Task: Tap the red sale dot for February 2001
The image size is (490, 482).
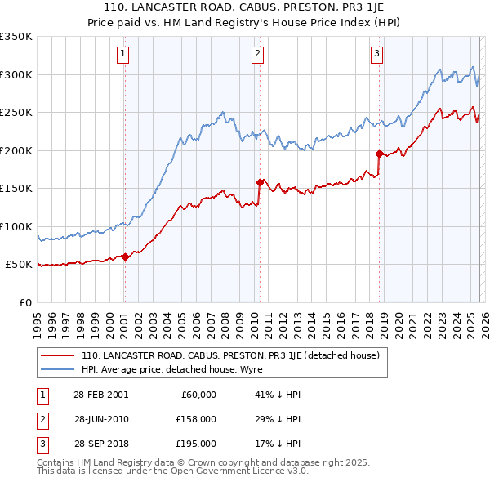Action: pos(125,257)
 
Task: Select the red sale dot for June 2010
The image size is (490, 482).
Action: pos(260,182)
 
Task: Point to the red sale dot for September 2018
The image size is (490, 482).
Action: pos(379,154)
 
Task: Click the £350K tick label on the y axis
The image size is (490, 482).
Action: pos(16,37)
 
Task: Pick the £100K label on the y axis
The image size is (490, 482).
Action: pos(16,226)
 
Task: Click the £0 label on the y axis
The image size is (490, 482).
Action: pos(24,302)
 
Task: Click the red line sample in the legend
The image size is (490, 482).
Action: pos(57,355)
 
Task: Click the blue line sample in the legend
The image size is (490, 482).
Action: pos(57,368)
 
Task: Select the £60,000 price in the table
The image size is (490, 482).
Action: pos(197,395)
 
